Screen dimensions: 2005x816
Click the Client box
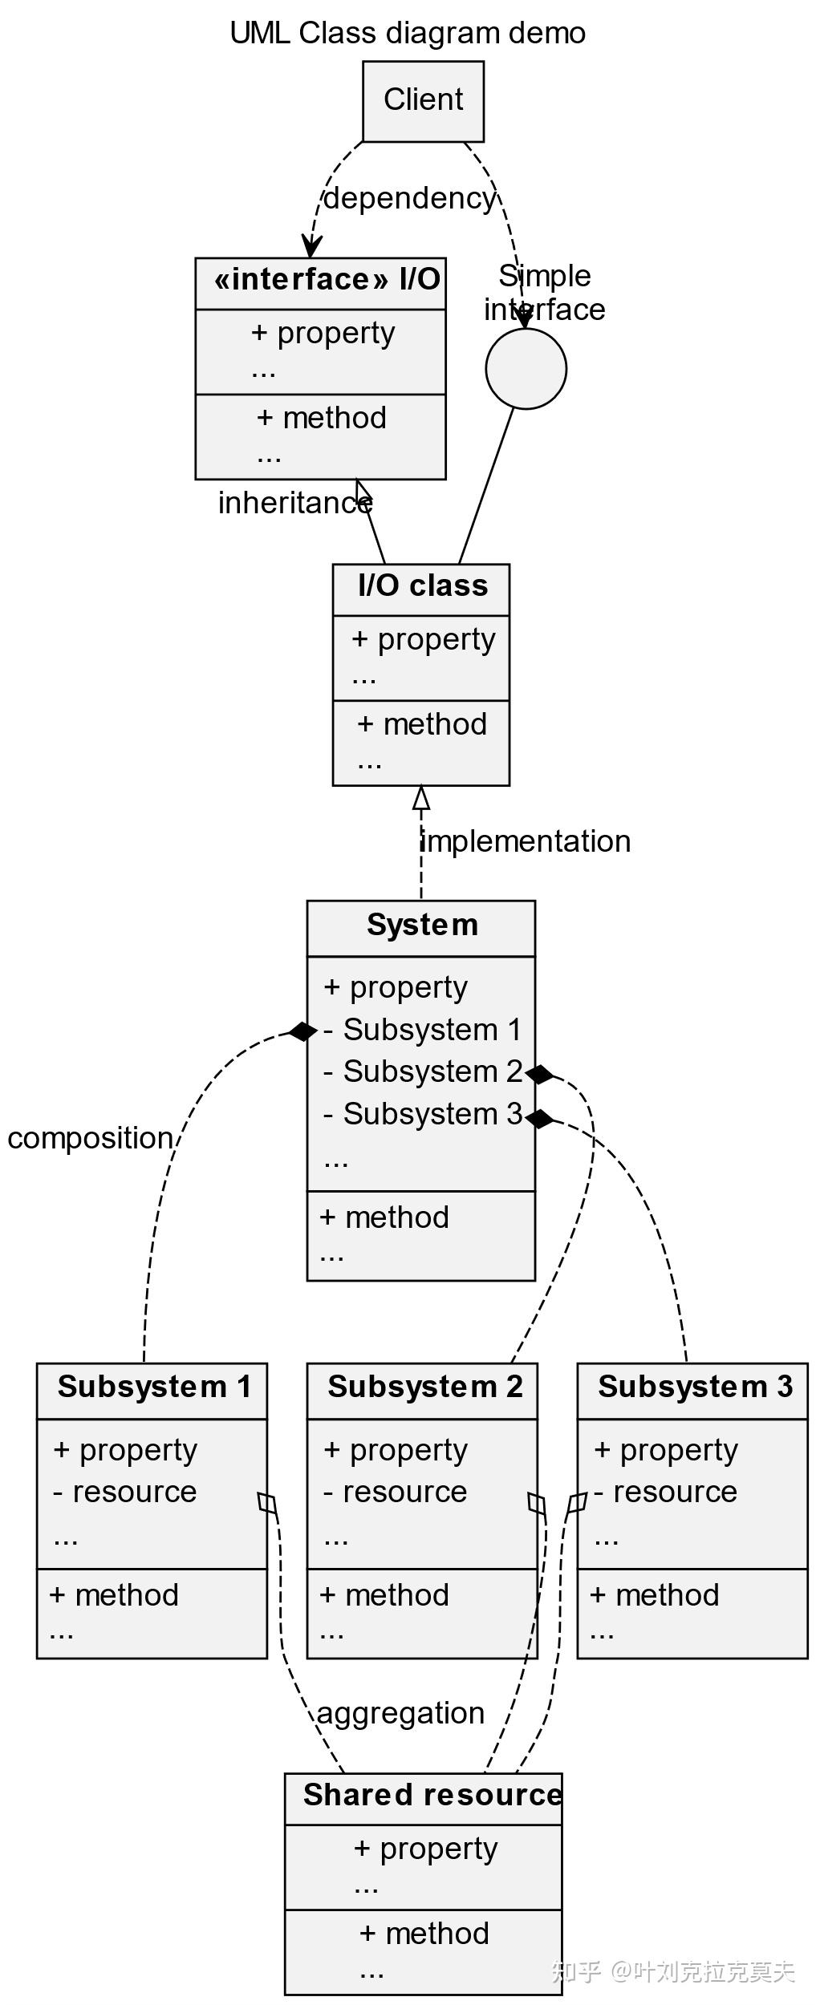pyautogui.click(x=423, y=101)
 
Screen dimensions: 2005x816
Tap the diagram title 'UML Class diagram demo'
pyautogui.click(x=408, y=34)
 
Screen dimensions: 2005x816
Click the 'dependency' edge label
pyautogui.click(x=409, y=198)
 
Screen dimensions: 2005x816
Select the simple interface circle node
pyautogui.click(x=526, y=368)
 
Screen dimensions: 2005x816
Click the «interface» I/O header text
pyautogui.click(x=327, y=280)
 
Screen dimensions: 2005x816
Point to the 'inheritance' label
pyautogui.click(x=294, y=504)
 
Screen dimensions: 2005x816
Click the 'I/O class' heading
pyautogui.click(x=422, y=585)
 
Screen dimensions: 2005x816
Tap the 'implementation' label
pyautogui.click(x=526, y=841)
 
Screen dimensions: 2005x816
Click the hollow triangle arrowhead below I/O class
pyautogui.click(x=421, y=797)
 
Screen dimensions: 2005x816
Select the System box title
pyautogui.click(x=422, y=925)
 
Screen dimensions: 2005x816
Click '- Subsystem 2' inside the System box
pyautogui.click(x=422, y=1071)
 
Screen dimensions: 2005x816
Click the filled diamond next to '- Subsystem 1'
pyautogui.click(x=302, y=1031)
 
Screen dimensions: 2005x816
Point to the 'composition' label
pyautogui.click(x=90, y=1138)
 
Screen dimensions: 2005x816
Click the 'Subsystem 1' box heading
pyautogui.click(x=154, y=1387)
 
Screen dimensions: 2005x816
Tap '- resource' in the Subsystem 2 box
pyautogui.click(x=395, y=1492)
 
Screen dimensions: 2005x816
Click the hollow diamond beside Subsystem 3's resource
pyautogui.click(x=576, y=1503)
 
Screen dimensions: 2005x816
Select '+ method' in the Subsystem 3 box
pyautogui.click(x=654, y=1595)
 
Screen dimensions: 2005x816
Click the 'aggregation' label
pyautogui.click(x=400, y=1713)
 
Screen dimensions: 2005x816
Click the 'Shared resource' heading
pyautogui.click(x=432, y=1795)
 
